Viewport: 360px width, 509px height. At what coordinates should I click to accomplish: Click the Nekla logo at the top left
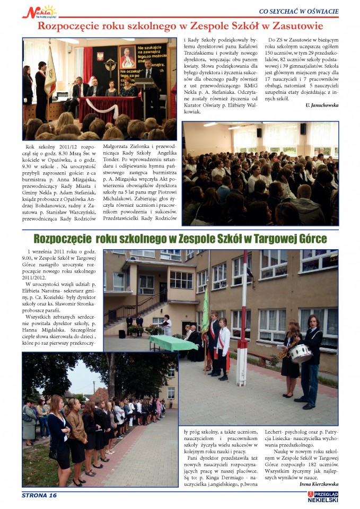pos(39,11)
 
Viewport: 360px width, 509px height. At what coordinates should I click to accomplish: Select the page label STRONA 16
pos(39,495)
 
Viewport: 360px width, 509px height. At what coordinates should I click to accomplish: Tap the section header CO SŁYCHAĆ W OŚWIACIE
pos(298,11)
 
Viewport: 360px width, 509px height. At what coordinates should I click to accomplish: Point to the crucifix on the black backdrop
pos(110,66)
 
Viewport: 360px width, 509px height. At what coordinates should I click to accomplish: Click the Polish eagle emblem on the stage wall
pos(100,56)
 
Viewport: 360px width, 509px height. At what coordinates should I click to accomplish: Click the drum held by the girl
pos(300,353)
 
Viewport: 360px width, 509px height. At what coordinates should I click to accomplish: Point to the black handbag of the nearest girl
pos(54,453)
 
